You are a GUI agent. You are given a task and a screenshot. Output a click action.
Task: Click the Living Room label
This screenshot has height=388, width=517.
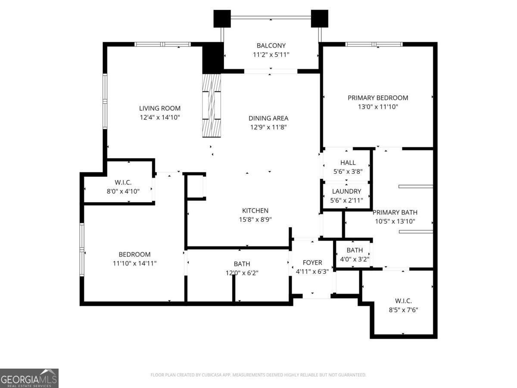pyautogui.click(x=159, y=108)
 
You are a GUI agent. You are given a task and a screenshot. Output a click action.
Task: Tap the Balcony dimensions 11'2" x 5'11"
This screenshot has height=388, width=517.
pyautogui.click(x=271, y=55)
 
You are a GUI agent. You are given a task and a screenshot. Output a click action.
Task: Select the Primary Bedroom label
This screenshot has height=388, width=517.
pyautogui.click(x=377, y=98)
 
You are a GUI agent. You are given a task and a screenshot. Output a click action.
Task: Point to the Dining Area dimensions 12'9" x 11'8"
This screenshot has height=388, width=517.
pyautogui.click(x=268, y=127)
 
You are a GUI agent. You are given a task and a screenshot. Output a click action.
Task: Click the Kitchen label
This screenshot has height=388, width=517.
pyautogui.click(x=255, y=210)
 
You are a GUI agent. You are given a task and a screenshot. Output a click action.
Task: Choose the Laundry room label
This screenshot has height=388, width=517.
pyautogui.click(x=346, y=191)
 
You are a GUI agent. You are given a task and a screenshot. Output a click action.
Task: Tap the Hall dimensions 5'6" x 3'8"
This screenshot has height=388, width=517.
pyautogui.click(x=348, y=171)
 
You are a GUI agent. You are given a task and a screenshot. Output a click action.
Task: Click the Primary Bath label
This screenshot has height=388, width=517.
pyautogui.click(x=395, y=212)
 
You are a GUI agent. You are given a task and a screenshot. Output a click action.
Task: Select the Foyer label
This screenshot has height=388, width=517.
pyautogui.click(x=312, y=263)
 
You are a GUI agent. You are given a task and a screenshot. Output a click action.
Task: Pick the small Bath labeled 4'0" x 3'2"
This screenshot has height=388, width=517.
pyautogui.click(x=355, y=250)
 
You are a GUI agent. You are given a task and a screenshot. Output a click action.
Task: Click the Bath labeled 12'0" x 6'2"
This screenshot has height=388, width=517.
pyautogui.click(x=242, y=264)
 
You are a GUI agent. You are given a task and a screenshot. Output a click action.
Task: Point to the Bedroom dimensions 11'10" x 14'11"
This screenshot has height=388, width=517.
pyautogui.click(x=135, y=263)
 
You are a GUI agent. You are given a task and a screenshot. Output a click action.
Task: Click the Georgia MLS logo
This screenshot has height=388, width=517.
pyautogui.click(x=29, y=378)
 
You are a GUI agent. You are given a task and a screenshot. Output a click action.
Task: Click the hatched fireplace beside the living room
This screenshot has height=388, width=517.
pyautogui.click(x=212, y=105)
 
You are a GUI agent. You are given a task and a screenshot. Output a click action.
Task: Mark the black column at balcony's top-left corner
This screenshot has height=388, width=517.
pyautogui.click(x=222, y=19)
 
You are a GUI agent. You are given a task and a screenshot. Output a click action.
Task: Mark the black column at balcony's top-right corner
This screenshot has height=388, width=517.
pyautogui.click(x=319, y=19)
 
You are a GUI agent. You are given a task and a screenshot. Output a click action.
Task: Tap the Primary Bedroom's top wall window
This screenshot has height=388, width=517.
pyautogui.click(x=374, y=44)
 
